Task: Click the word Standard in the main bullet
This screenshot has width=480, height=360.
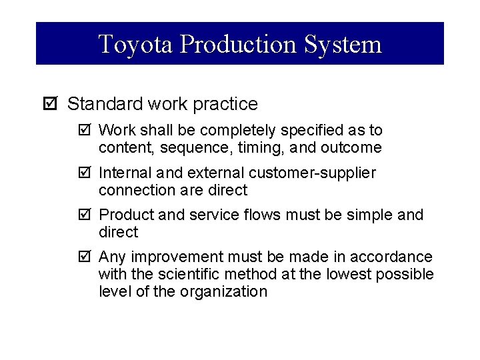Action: (99, 104)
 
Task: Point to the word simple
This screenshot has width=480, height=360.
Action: (367, 215)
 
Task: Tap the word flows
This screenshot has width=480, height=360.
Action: (257, 215)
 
